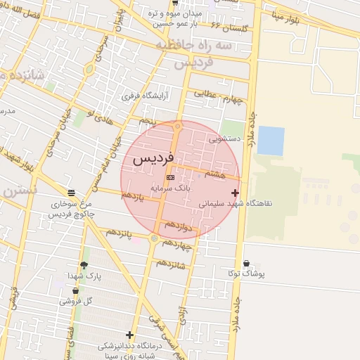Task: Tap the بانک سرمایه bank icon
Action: (x=170, y=178)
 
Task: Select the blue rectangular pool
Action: (x=271, y=141)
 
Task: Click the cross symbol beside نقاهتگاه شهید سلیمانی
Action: (x=235, y=193)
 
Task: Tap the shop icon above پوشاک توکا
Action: (x=246, y=264)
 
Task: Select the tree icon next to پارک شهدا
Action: (x=84, y=265)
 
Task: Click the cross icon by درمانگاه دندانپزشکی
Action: (x=129, y=335)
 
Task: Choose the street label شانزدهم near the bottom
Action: (x=170, y=264)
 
